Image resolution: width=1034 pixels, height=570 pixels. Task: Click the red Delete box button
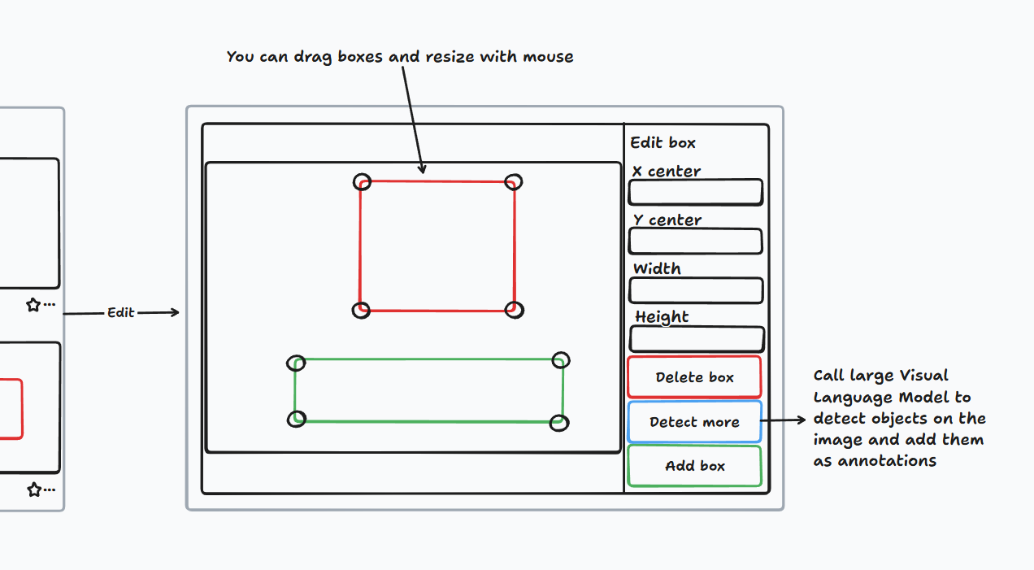point(694,377)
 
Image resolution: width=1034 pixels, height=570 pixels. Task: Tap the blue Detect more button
point(694,422)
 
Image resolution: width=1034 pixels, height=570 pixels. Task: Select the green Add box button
point(694,466)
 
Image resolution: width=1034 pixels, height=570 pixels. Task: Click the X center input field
point(695,193)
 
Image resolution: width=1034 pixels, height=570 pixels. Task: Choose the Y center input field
point(695,241)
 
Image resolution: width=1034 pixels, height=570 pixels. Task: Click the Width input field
point(695,290)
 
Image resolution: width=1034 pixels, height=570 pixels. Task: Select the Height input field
point(697,339)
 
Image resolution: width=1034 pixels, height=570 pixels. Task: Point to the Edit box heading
point(663,143)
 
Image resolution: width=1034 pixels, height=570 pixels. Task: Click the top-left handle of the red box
point(362,182)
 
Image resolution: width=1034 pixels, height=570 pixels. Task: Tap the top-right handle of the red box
point(513,181)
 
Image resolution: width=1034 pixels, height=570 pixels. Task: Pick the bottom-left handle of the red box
point(362,310)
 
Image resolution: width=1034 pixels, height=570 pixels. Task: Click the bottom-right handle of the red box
point(514,310)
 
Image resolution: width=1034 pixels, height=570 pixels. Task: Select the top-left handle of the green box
point(297,363)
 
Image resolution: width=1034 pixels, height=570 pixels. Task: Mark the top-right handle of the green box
point(560,360)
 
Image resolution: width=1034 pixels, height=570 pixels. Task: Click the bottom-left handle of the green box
point(298,419)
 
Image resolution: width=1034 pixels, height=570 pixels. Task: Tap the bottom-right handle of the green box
point(558,423)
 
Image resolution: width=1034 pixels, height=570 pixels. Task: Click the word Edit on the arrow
point(121,313)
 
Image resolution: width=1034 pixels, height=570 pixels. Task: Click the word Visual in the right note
point(923,376)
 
